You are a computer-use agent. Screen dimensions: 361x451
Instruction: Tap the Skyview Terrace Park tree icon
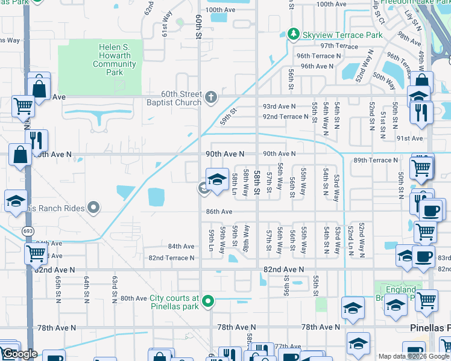click(294, 35)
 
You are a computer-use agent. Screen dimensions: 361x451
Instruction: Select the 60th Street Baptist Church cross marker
click(210, 96)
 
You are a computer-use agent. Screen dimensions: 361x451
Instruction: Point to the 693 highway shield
click(28, 230)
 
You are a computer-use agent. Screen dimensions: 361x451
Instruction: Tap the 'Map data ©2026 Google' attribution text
click(414, 356)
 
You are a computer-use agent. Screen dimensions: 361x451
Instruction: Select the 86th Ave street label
click(218, 212)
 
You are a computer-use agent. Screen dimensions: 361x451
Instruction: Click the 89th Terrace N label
click(376, 160)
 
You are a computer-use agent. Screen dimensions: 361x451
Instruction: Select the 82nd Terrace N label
click(172, 258)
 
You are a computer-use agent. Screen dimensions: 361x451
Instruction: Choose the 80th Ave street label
click(133, 298)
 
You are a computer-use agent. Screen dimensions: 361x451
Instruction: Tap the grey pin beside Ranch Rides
click(93, 208)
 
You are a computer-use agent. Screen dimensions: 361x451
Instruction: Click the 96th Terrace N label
click(318, 55)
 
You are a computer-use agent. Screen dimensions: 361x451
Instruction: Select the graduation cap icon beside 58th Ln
click(217, 179)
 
